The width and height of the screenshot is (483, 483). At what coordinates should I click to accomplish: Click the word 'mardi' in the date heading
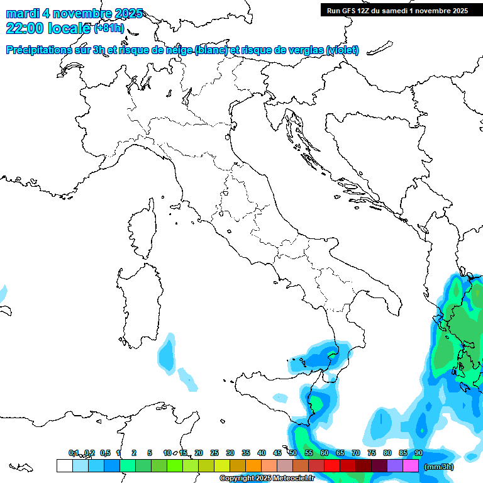tap(21, 13)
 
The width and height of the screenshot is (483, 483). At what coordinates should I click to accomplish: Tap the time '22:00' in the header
tap(23, 28)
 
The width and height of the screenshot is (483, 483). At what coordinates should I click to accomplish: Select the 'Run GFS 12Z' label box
tap(396, 11)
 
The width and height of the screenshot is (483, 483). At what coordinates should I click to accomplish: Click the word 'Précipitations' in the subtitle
tap(39, 50)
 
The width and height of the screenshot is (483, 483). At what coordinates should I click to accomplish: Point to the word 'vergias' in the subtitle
tap(305, 50)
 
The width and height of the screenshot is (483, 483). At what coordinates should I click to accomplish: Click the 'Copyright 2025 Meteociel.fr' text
tap(267, 479)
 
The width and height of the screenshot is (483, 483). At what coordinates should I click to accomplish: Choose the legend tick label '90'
tap(418, 453)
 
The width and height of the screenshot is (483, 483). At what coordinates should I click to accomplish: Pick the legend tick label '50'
tap(293, 453)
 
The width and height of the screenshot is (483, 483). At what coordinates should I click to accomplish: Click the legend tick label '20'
tap(199, 453)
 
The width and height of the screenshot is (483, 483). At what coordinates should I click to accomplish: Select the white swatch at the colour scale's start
tap(64, 465)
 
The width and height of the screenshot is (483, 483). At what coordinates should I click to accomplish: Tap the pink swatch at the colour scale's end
tap(411, 465)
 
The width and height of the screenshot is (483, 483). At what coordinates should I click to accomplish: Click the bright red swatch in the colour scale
tap(332, 465)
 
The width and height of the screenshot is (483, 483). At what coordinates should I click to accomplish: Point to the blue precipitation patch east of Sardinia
tap(167, 353)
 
